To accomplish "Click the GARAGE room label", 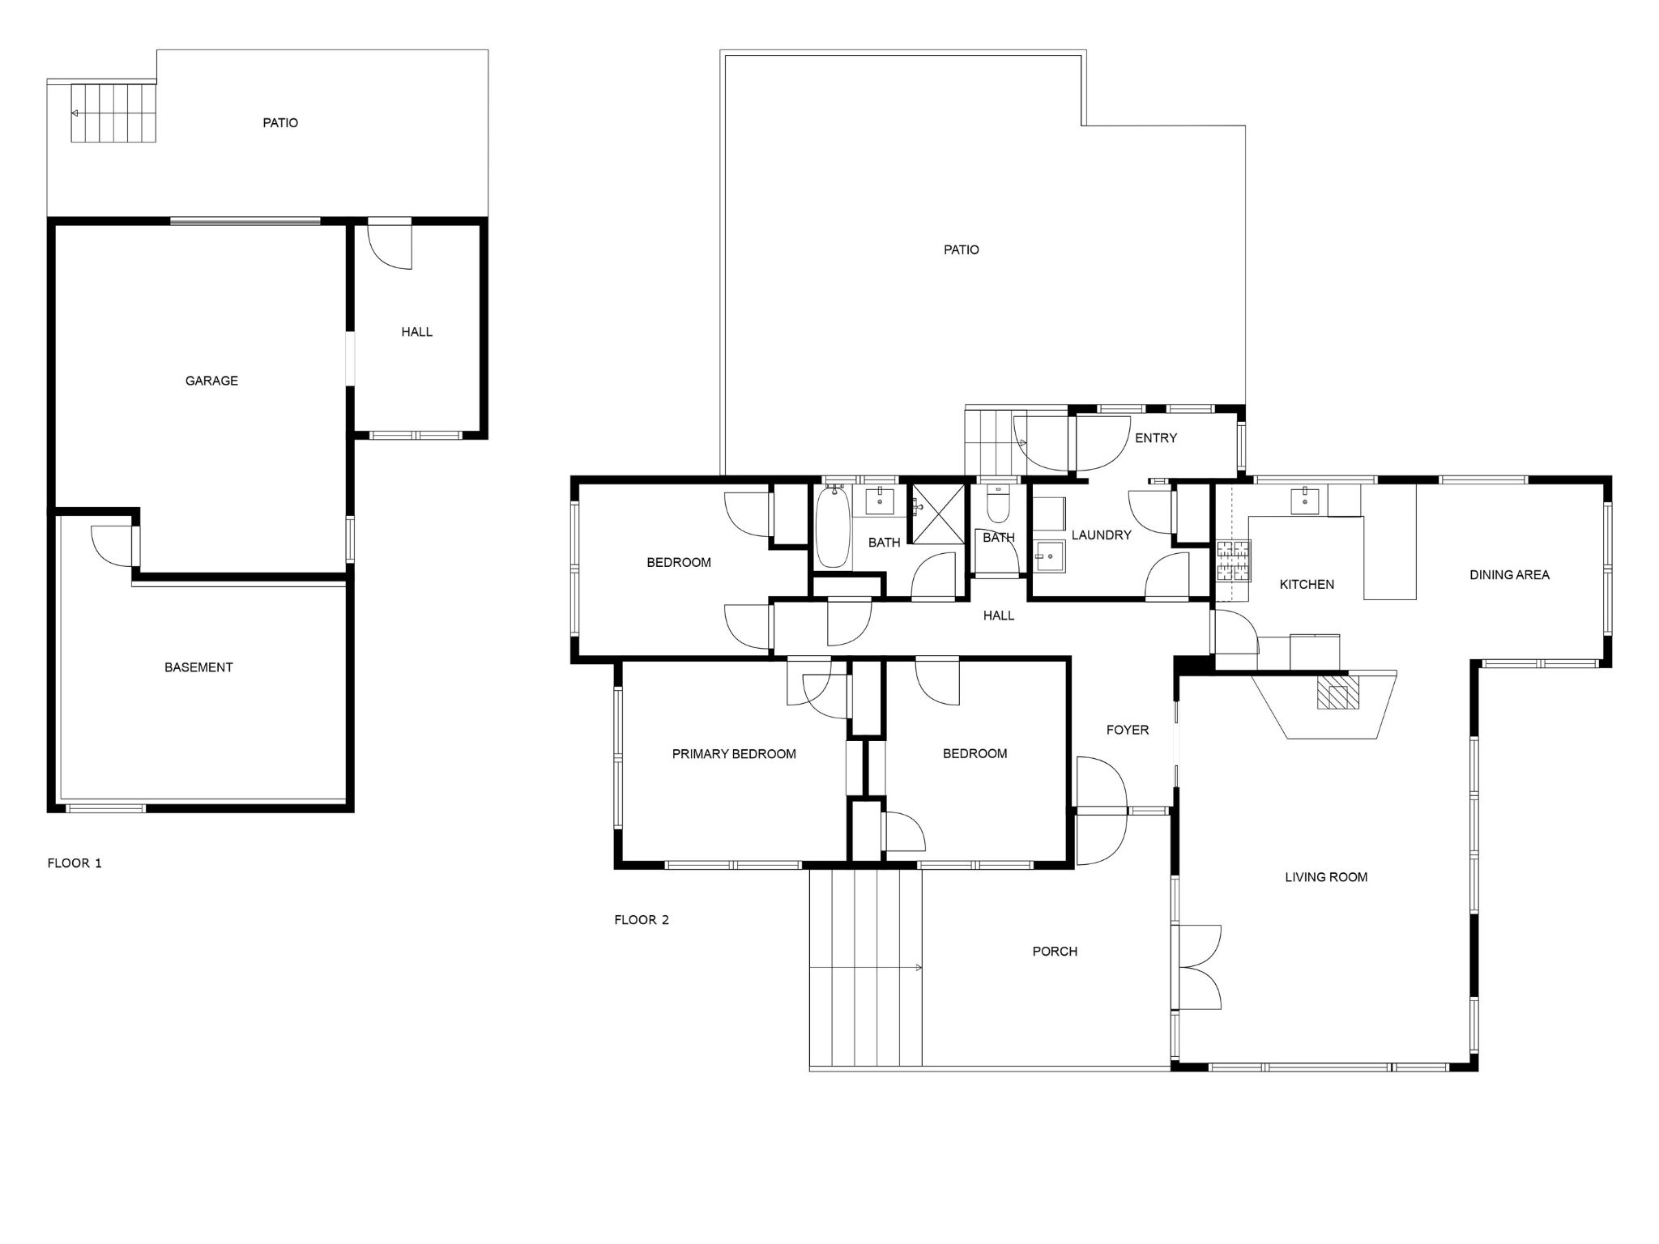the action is coord(211,381).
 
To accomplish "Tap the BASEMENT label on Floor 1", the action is coord(198,667).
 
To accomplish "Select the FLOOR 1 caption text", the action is coord(75,863).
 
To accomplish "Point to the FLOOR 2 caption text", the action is coord(642,920).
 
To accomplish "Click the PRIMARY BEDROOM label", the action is coord(734,754).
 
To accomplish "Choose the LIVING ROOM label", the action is coord(1326,877).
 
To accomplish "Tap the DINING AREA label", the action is coord(1509,575).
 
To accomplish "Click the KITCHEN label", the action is coord(1307,585).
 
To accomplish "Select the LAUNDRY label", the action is coord(1101,535).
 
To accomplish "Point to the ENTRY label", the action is coord(1156,438).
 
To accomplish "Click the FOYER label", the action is coord(1128,731).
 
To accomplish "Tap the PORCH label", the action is coord(1055,952).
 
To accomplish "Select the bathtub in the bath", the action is coord(832,526).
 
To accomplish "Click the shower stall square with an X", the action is coord(940,513).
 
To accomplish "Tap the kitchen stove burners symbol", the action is coord(1232,561).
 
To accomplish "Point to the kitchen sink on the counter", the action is coord(1304,501).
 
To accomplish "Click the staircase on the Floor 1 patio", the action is coord(113,113).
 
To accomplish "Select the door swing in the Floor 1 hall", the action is coord(390,246).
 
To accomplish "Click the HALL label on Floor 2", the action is coord(999,616).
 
